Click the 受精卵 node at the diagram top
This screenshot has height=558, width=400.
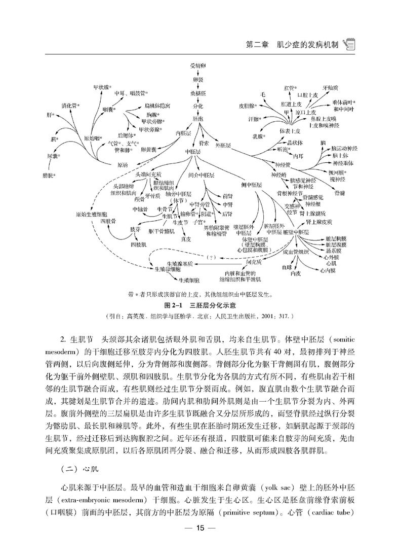pos(197,66)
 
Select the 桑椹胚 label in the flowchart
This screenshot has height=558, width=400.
pos(197,94)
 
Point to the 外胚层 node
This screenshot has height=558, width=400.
pos(223,146)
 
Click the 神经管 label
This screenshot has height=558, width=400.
pos(282,165)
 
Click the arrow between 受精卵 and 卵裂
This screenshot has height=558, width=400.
pos(197,73)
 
